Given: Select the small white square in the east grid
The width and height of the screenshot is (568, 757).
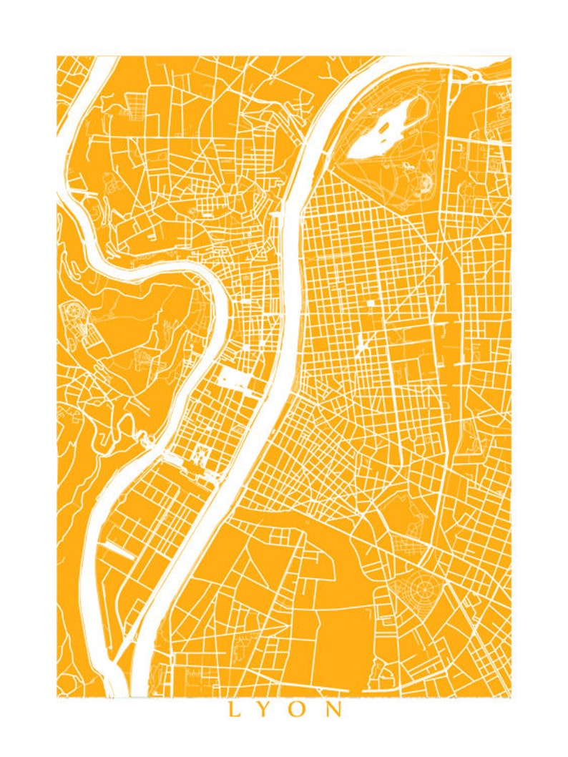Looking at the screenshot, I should click(x=371, y=303).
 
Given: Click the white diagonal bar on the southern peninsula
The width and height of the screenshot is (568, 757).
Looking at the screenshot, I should click(x=119, y=550).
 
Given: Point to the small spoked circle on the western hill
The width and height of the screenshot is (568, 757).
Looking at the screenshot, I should click(x=72, y=310).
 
